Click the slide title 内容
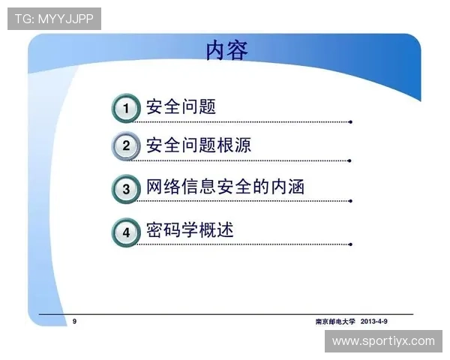coord(226,51)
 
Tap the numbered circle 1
coord(126,108)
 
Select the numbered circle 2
coord(126,146)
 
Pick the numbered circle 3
coord(126,188)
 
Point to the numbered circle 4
coord(126,232)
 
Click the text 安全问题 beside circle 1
coord(181,106)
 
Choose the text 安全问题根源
coord(198,145)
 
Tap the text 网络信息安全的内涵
coord(224,187)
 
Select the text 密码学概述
coord(189,229)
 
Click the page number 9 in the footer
coord(74,321)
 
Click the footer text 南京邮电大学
coord(334,321)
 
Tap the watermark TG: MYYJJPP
coord(54,19)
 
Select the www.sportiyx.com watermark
coord(383,341)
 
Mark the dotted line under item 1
coord(247,121)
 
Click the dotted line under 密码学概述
coord(247,244)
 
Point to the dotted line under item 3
coord(247,201)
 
